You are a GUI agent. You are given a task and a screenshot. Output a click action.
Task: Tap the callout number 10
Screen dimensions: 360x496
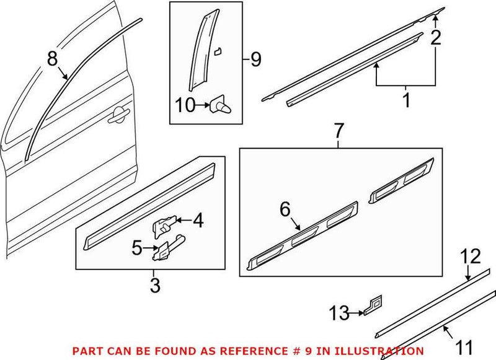point(185,105)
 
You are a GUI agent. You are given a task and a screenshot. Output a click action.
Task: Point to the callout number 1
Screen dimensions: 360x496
point(406,99)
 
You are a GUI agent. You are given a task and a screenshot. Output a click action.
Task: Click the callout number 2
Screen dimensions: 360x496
point(436,38)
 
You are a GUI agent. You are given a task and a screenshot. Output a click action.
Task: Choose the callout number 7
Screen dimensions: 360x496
point(338,131)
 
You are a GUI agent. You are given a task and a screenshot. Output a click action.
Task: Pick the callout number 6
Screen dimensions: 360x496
point(286,209)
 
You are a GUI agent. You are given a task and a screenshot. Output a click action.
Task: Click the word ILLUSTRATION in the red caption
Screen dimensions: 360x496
point(375,351)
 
